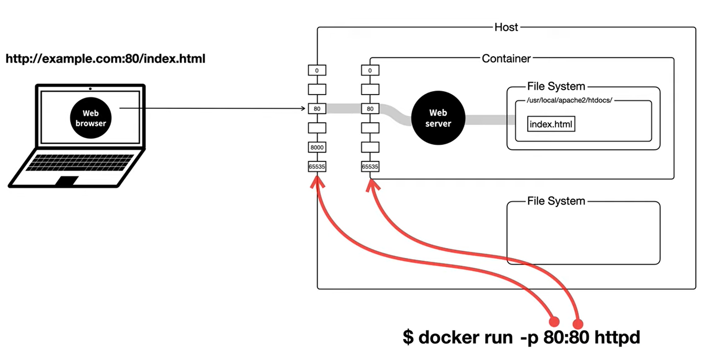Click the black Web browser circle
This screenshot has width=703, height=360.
(x=91, y=118)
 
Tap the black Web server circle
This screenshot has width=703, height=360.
(x=438, y=118)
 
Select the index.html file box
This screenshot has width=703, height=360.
(x=551, y=124)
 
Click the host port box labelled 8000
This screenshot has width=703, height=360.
(x=317, y=147)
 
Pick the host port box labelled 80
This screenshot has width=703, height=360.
(x=317, y=109)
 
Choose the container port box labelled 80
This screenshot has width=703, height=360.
(x=370, y=109)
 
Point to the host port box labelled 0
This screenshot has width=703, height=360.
(x=317, y=70)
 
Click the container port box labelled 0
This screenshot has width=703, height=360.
(x=370, y=70)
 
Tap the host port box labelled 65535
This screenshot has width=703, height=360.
(x=317, y=167)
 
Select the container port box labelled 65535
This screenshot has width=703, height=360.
(x=370, y=167)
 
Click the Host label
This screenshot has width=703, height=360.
(x=506, y=27)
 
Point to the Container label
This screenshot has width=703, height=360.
(x=506, y=59)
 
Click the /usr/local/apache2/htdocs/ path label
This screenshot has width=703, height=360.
(x=569, y=100)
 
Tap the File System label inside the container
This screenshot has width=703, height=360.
(x=556, y=86)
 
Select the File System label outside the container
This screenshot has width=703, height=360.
(x=556, y=201)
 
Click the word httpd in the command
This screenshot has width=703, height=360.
(x=617, y=338)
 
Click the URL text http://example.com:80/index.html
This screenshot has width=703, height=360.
(x=105, y=59)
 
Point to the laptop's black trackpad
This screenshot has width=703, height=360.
(x=66, y=181)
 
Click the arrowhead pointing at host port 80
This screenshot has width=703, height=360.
(x=303, y=109)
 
